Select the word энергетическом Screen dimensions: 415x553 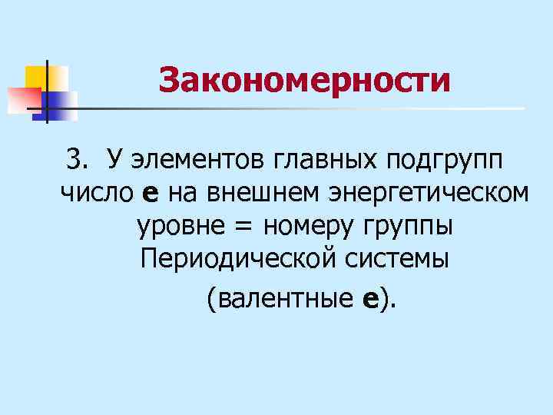point(429,194)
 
